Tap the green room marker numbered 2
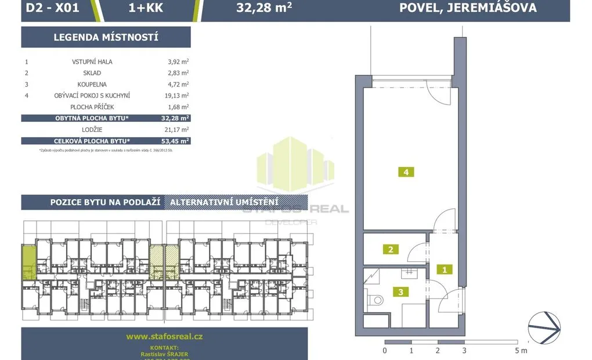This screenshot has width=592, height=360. tap(391, 250)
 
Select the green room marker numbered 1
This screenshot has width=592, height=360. tap(444, 269)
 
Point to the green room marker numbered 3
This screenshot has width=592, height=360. tap(400, 292)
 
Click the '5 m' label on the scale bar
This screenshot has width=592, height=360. tap(520, 351)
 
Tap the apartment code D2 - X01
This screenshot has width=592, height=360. tap(53, 8)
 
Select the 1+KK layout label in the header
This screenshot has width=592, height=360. tap(146, 8)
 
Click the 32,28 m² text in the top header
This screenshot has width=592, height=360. tap(264, 8)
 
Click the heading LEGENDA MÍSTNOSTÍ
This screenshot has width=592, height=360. tap(106, 38)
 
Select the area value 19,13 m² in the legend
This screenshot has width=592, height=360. tap(178, 95)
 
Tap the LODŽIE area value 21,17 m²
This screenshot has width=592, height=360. tap(178, 129)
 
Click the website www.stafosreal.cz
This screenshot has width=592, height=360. tap(164, 336)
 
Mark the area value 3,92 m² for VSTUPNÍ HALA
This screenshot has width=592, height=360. tap(178, 61)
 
